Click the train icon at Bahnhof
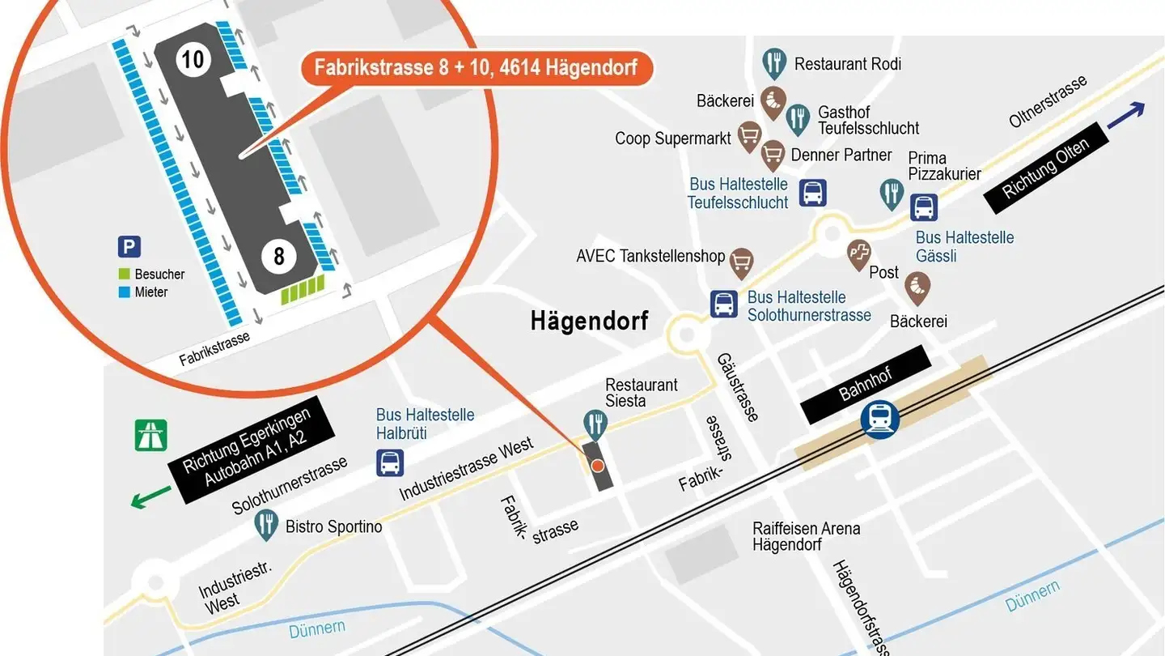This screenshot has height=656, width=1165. (879, 420)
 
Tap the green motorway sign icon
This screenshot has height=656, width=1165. (151, 434)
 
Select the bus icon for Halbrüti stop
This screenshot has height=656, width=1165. (390, 463)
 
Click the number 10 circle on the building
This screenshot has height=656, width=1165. (193, 59)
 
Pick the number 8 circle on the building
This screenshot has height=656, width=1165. (279, 257)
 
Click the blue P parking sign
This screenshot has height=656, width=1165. (129, 247)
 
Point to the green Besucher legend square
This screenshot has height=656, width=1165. (124, 275)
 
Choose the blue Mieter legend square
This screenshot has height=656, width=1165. (124, 292)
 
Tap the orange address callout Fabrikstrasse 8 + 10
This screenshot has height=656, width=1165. (476, 67)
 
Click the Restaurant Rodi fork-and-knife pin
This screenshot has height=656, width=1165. (774, 62)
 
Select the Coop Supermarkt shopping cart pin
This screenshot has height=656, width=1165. (749, 136)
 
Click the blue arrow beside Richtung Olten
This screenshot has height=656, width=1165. (1125, 116)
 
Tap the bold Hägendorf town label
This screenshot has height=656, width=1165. (589, 321)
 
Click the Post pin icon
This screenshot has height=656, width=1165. (858, 254)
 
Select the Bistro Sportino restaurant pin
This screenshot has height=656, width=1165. (266, 524)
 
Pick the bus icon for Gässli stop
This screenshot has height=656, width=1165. (924, 207)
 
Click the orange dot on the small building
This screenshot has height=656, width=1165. (597, 466)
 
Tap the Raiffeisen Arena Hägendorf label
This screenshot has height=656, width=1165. (806, 536)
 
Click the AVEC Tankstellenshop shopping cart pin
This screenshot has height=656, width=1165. (741, 262)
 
